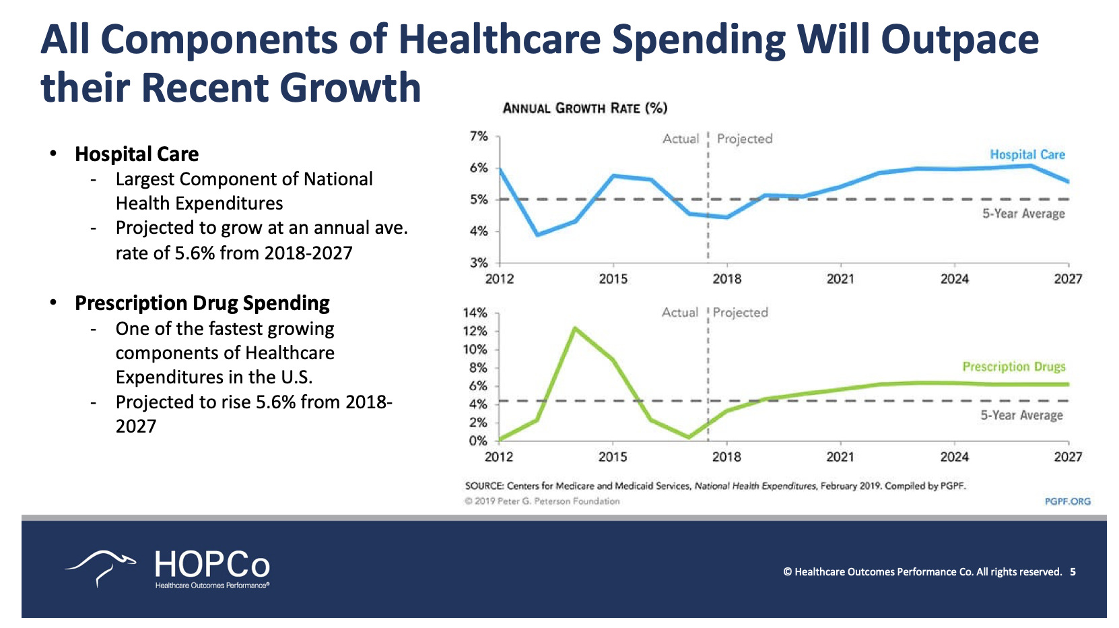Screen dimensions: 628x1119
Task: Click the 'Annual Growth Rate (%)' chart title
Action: [584, 108]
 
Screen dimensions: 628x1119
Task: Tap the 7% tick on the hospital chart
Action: [479, 137]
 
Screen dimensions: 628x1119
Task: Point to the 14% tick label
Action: [475, 313]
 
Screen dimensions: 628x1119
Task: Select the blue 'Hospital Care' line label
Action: [1027, 154]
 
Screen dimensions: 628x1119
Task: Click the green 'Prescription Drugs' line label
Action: [1013, 367]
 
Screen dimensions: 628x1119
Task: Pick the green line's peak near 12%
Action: [574, 328]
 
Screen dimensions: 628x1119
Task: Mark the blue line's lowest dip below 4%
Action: [537, 234]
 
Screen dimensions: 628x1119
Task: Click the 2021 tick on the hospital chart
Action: [840, 279]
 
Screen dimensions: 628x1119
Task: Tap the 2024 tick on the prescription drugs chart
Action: [954, 457]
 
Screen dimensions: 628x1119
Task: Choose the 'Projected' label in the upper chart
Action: [744, 139]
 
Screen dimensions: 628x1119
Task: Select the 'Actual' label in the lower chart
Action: [679, 313]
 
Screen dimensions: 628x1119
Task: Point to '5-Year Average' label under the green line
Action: [1021, 415]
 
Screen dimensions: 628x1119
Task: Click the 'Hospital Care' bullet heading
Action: [137, 154]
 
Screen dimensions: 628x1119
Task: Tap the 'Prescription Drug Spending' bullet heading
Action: [202, 303]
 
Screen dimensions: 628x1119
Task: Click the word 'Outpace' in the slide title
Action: [959, 39]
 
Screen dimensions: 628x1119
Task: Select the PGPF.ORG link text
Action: [1067, 501]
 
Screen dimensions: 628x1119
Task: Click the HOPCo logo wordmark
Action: [212, 565]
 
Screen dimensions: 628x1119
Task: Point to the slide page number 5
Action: [1073, 572]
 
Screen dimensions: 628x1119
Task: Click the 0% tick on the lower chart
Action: [478, 441]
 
